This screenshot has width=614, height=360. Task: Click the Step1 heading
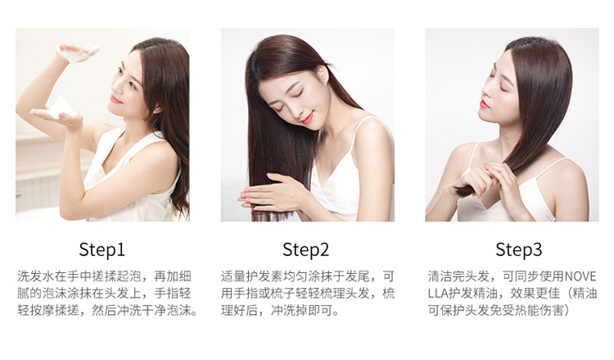point(102,250)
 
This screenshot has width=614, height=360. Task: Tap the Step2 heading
point(306,250)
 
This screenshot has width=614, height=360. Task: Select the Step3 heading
point(518,249)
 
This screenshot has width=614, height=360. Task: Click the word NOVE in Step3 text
point(580,276)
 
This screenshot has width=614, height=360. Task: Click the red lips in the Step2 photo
point(307,117)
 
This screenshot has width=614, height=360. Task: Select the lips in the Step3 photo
point(484,104)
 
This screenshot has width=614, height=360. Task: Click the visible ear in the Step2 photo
point(323,75)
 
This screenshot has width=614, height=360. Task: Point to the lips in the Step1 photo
point(115,99)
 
